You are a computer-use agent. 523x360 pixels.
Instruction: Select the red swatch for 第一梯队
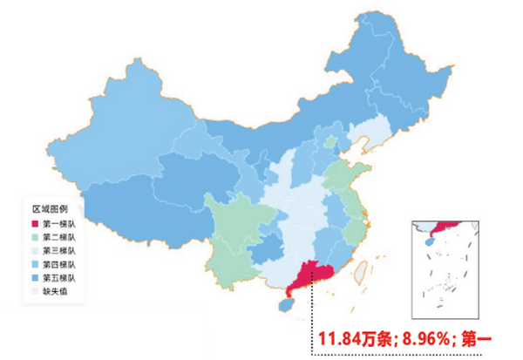pos(35,225)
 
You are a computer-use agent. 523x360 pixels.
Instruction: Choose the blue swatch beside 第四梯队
pos(35,263)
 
